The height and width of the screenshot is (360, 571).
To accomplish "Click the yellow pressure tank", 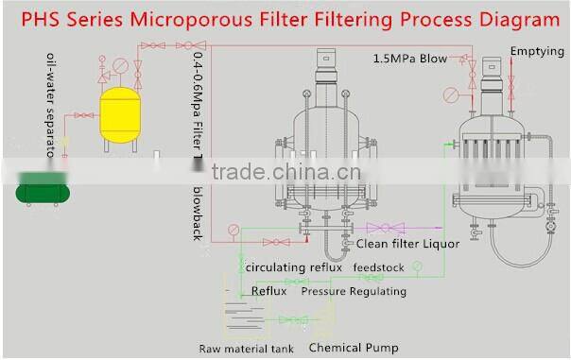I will pyautogui.click(x=120, y=111).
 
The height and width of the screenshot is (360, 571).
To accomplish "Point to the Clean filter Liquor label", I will pyautogui.click(x=407, y=244).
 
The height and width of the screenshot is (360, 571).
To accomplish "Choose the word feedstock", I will pyautogui.click(x=379, y=267).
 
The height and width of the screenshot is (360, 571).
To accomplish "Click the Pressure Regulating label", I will pyautogui.click(x=354, y=291).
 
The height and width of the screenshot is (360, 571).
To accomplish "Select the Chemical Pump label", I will pyautogui.click(x=354, y=348).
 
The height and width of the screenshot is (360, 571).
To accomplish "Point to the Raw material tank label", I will pyautogui.click(x=246, y=349).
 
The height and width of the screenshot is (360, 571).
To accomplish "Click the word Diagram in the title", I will pyautogui.click(x=516, y=18).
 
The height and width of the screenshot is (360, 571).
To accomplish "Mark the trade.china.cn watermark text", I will pyautogui.click(x=285, y=173).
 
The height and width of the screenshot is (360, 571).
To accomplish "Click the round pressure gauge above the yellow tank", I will pyautogui.click(x=119, y=66).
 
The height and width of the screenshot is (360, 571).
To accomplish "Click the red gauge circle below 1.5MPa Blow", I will pyautogui.click(x=451, y=94).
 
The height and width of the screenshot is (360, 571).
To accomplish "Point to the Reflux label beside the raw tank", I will pyautogui.click(x=268, y=291).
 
